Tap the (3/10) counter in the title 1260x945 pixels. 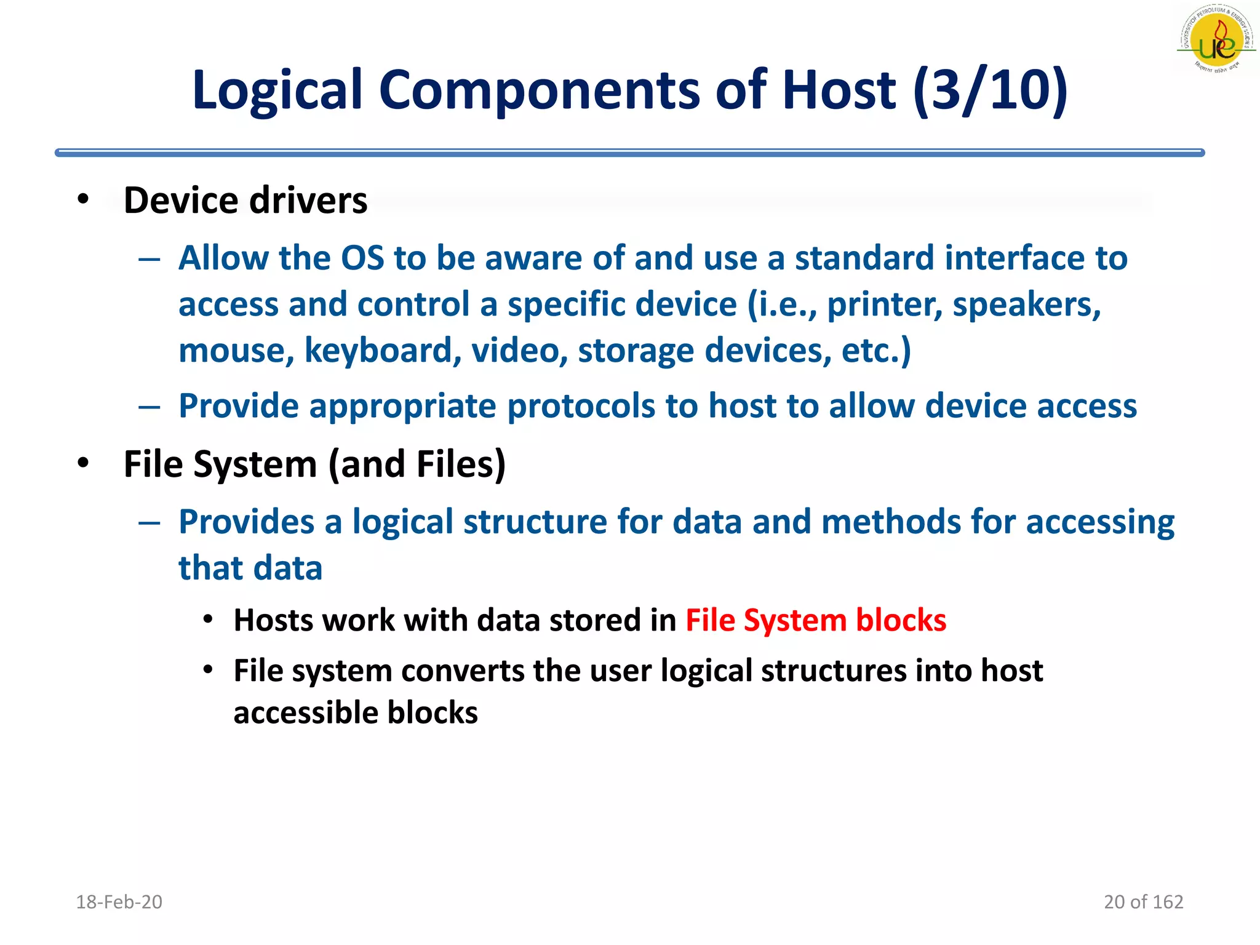[x=991, y=90]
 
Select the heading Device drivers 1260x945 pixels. [x=245, y=201]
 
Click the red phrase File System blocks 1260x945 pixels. [x=816, y=620]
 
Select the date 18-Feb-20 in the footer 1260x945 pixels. [x=119, y=902]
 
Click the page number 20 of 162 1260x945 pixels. [x=1143, y=902]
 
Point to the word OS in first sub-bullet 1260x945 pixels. [x=362, y=258]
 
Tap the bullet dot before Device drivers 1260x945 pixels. [x=83, y=199]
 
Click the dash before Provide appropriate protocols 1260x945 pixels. [x=150, y=407]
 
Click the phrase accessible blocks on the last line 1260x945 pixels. [x=356, y=713]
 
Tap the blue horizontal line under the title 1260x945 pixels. [x=629, y=153]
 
